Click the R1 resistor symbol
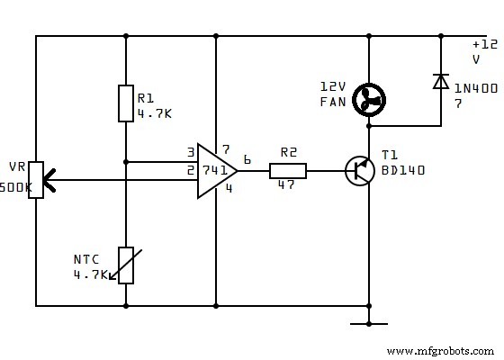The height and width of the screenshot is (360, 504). pos(126,103)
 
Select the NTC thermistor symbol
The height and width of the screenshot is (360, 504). pos(126,265)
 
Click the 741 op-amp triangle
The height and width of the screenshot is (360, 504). pos(217,170)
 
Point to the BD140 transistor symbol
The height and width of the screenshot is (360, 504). pos(361,170)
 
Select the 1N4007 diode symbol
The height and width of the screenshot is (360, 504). pos(440,82)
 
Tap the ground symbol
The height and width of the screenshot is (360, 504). pos(369,322)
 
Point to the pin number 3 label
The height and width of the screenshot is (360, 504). pos(191,152)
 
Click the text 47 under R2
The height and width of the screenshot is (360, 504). pos(286,184)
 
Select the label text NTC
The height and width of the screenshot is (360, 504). pos(85,259)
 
